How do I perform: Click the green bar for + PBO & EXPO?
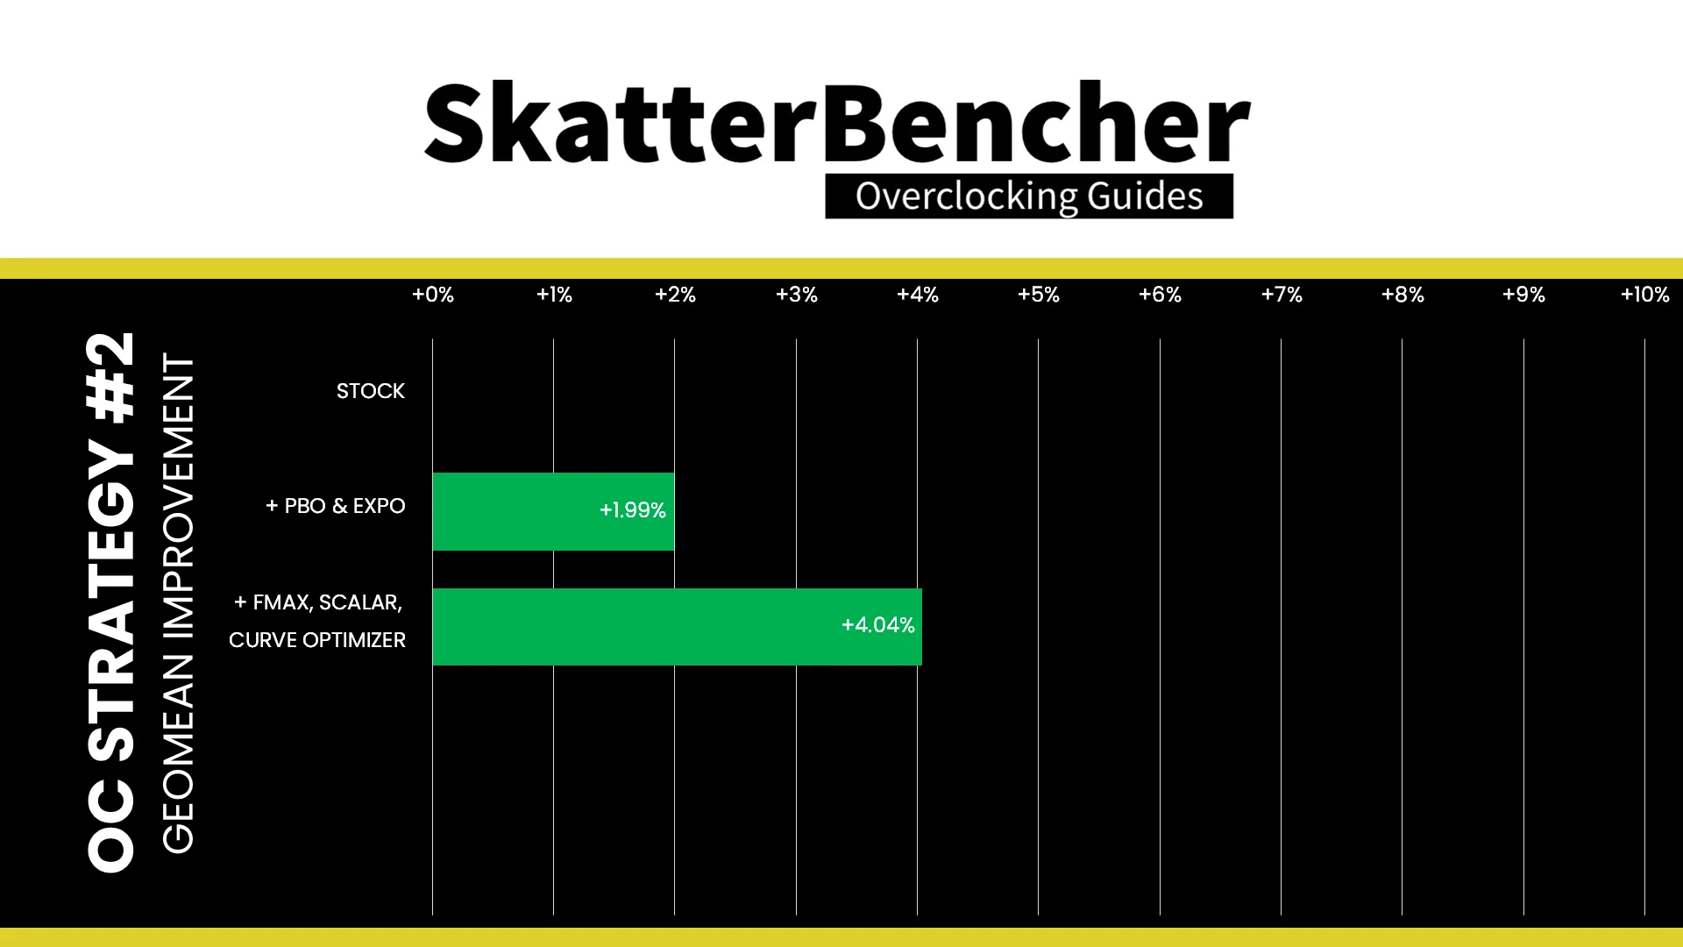[x=553, y=511]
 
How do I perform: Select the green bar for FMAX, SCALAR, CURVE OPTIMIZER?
[x=677, y=627]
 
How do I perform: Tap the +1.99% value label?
[x=632, y=510]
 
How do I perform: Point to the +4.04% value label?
[x=877, y=625]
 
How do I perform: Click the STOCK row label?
[x=371, y=391]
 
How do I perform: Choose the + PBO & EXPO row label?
[x=336, y=506]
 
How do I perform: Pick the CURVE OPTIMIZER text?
[x=317, y=640]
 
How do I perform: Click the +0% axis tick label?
[x=433, y=295]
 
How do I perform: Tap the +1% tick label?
[x=554, y=295]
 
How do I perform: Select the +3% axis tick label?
[x=797, y=295]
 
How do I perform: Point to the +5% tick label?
[x=1039, y=295]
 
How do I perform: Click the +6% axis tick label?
[x=1160, y=295]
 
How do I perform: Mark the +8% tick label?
[x=1402, y=295]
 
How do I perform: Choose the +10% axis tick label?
[x=1645, y=295]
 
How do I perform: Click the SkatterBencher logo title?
[x=837, y=123]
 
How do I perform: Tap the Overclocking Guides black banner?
[x=1029, y=196]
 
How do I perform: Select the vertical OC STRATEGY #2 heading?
[x=111, y=602]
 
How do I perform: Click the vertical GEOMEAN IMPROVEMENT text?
[x=178, y=603]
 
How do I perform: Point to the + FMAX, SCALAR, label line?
[x=318, y=602]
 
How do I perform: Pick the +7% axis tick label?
[x=1282, y=295]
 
